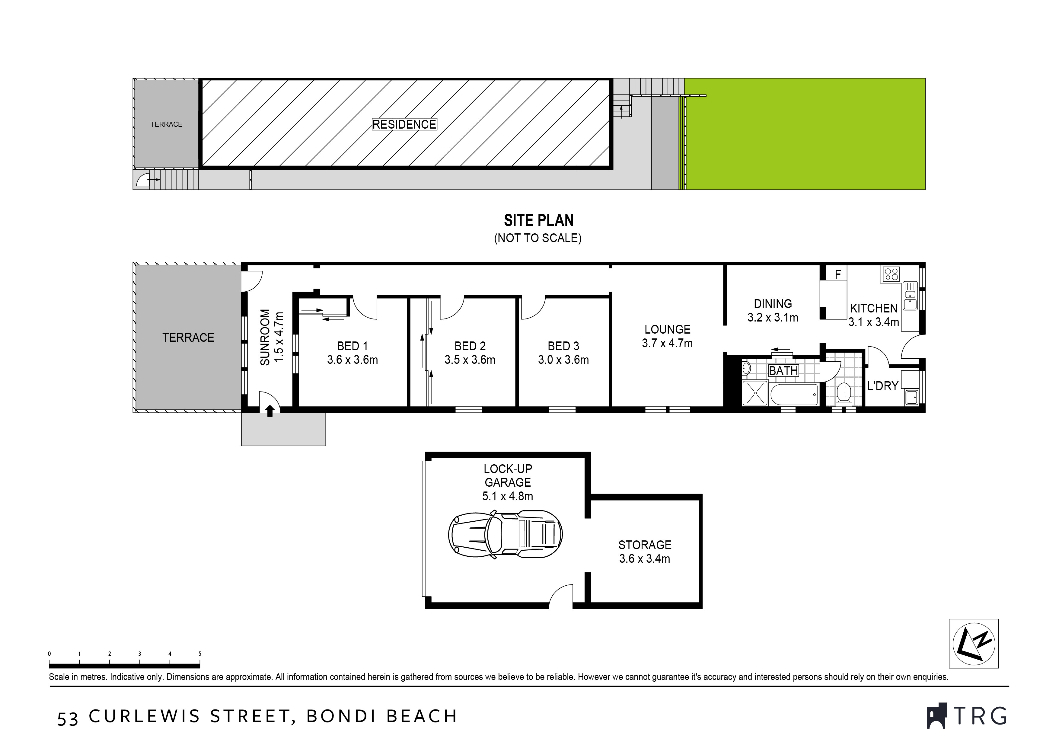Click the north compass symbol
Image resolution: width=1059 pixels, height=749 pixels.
click(x=973, y=643)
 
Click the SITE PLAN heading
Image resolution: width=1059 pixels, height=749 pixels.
click(x=538, y=221)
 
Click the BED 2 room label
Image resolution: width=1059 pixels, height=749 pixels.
click(x=470, y=353)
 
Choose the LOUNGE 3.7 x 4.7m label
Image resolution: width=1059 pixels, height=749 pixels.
click(x=667, y=336)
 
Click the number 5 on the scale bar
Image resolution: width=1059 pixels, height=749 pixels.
click(x=200, y=654)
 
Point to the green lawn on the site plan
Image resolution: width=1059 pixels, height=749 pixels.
click(x=805, y=134)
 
